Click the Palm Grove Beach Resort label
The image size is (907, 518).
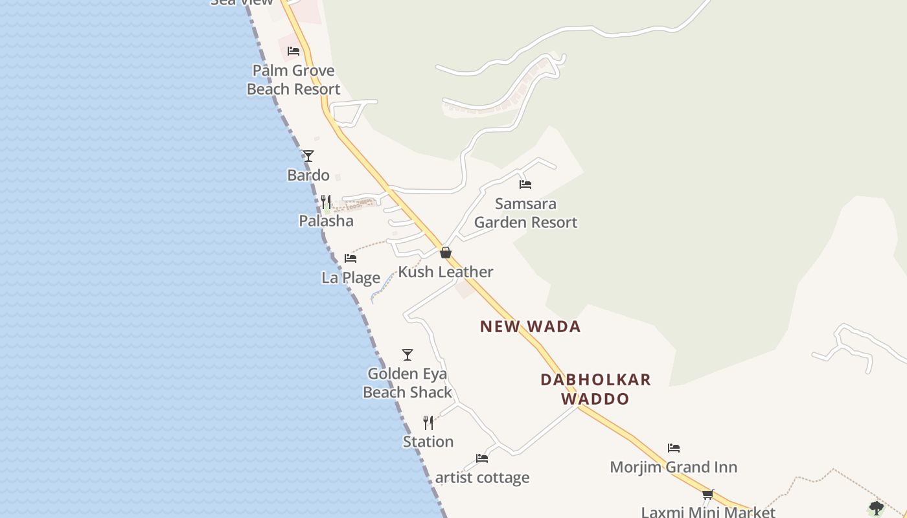[x=293, y=80]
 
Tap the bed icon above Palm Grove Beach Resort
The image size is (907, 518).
[x=293, y=51]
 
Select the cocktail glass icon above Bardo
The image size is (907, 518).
[x=308, y=156]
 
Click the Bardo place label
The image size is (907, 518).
[x=308, y=175]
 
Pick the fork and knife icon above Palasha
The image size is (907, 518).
[x=326, y=202]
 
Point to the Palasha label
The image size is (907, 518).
[x=326, y=221]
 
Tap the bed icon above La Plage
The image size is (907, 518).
[x=350, y=258]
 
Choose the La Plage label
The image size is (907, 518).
[x=350, y=278]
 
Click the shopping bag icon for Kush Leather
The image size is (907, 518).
[x=446, y=253]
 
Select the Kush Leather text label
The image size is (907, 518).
[x=446, y=272]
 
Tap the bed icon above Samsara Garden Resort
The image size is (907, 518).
[x=525, y=185]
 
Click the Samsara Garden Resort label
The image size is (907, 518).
[x=525, y=213]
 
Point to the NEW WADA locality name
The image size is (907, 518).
[x=530, y=327]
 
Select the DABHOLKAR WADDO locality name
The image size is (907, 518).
[x=595, y=389]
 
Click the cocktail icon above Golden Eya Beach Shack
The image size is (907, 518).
[x=408, y=355]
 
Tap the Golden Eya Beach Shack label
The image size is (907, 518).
[x=408, y=383]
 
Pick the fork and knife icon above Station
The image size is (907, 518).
[x=428, y=423]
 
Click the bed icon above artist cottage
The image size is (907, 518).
[x=482, y=458]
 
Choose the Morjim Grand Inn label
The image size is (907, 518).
[x=674, y=467]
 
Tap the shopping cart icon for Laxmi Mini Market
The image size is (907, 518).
[x=708, y=495]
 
